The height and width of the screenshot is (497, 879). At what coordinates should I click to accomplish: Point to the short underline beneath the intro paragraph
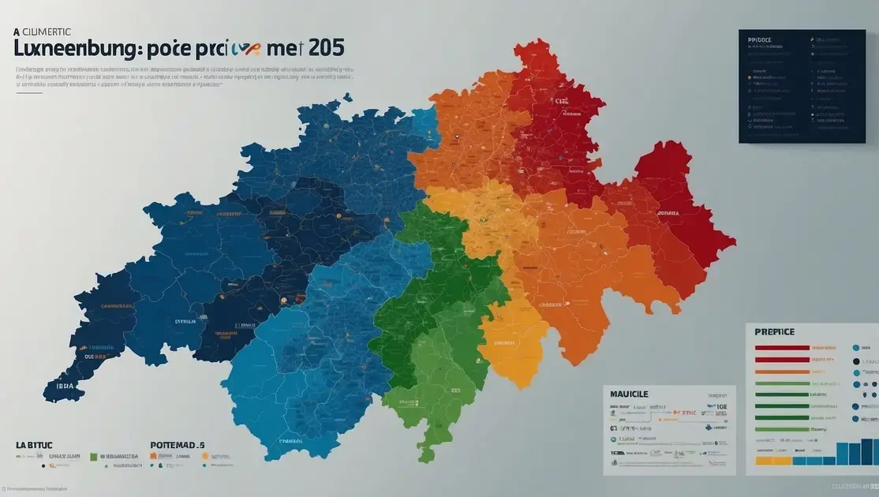29,92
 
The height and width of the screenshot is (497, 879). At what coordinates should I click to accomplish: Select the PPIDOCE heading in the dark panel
760,38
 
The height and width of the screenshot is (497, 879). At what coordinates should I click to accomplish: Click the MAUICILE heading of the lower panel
629,392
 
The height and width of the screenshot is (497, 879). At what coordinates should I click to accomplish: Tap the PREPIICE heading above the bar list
774,332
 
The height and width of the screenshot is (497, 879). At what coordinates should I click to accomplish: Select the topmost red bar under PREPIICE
782,348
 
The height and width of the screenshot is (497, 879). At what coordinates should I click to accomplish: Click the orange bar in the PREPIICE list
782,371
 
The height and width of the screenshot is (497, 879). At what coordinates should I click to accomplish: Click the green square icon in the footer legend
93,456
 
